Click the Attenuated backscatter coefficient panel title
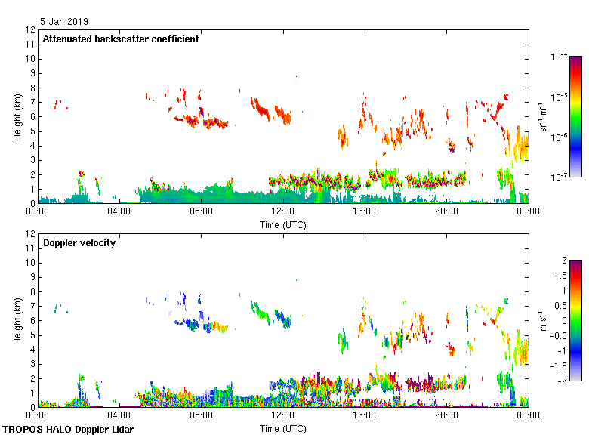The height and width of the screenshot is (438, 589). pyautogui.click(x=121, y=39)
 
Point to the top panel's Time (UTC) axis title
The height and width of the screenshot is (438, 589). pyautogui.click(x=283, y=224)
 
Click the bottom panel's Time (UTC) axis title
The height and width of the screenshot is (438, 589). pyautogui.click(x=283, y=428)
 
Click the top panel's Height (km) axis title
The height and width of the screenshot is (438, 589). pyautogui.click(x=17, y=117)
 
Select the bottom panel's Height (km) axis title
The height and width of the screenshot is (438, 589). pyautogui.click(x=17, y=320)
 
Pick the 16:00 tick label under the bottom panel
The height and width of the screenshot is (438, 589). pyautogui.click(x=365, y=416)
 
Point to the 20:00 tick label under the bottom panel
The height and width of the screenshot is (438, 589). pyautogui.click(x=446, y=416)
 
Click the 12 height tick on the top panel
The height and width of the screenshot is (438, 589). pyautogui.click(x=30, y=30)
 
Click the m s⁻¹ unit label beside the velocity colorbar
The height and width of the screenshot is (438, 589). pyautogui.click(x=542, y=320)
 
